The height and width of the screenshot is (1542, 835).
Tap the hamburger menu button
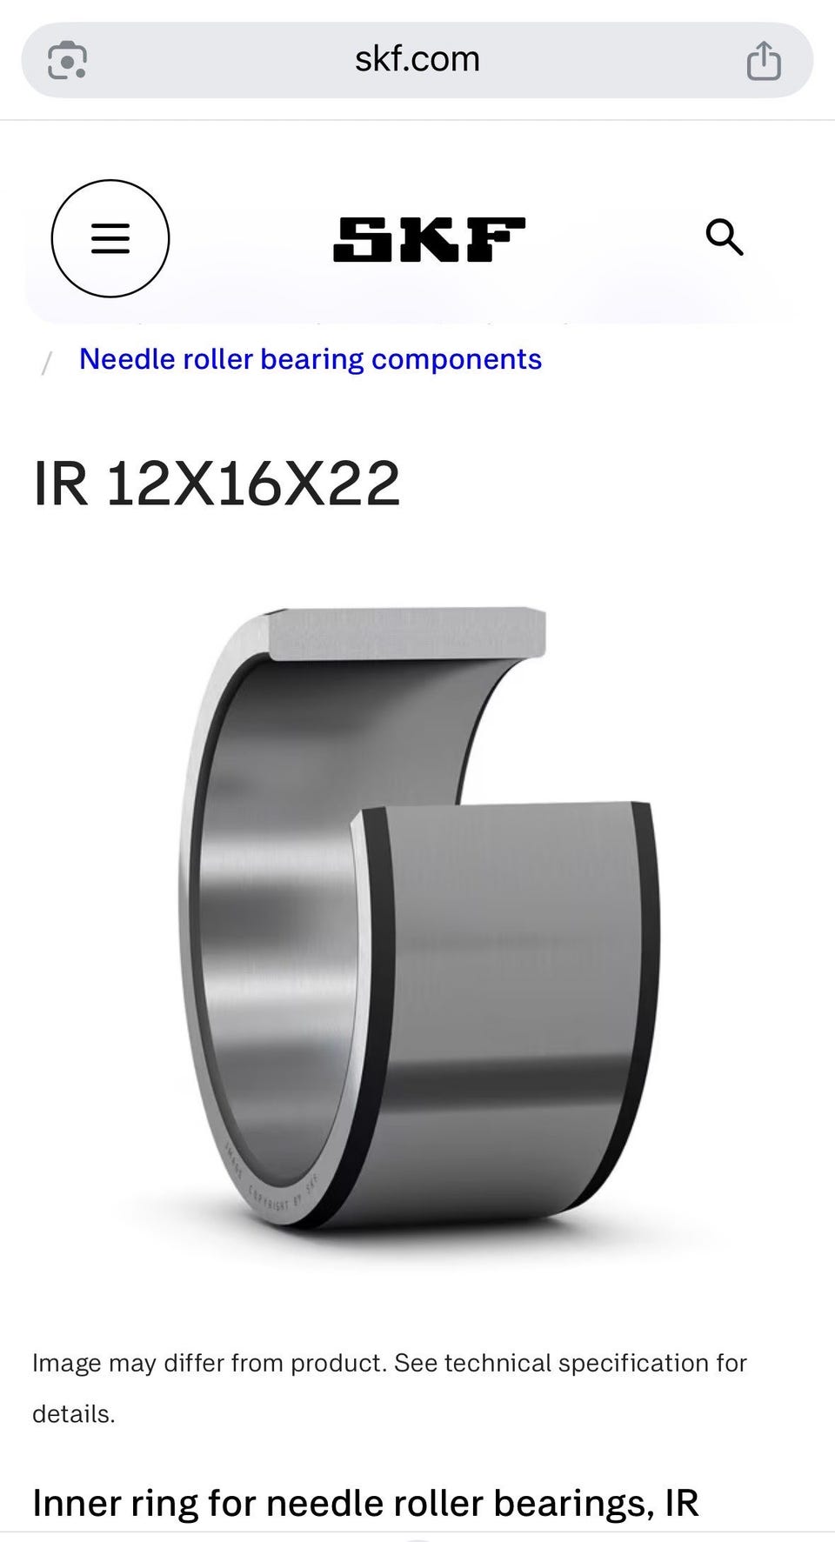coord(110,238)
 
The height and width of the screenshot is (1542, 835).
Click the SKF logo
coord(429,239)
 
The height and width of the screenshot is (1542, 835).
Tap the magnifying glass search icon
coord(724,237)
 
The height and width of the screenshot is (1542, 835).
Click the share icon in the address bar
coord(764,60)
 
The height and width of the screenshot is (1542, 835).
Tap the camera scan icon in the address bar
coord(67,60)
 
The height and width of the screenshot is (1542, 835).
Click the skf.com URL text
coord(417,59)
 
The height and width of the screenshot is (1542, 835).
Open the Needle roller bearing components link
coord(311,359)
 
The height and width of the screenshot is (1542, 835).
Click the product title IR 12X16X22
coord(217,484)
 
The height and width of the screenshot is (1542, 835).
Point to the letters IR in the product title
coord(61,484)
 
